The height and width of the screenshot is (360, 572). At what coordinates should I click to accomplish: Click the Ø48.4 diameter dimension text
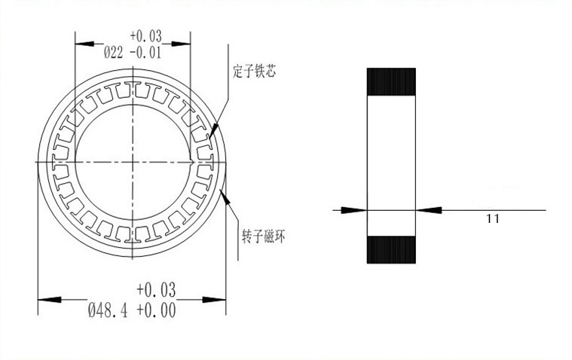[109, 310]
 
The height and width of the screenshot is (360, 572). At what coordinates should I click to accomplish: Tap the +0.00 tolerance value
[155, 310]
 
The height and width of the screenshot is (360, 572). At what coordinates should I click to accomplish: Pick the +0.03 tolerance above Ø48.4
[155, 290]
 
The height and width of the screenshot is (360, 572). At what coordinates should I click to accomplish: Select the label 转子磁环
[258, 235]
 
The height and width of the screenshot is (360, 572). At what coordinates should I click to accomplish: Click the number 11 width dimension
[494, 219]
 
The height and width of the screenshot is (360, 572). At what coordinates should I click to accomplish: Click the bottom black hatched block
[391, 249]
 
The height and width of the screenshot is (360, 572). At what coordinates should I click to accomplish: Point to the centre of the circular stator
[133, 163]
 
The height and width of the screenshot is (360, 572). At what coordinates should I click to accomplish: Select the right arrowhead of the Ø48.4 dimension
[221, 300]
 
